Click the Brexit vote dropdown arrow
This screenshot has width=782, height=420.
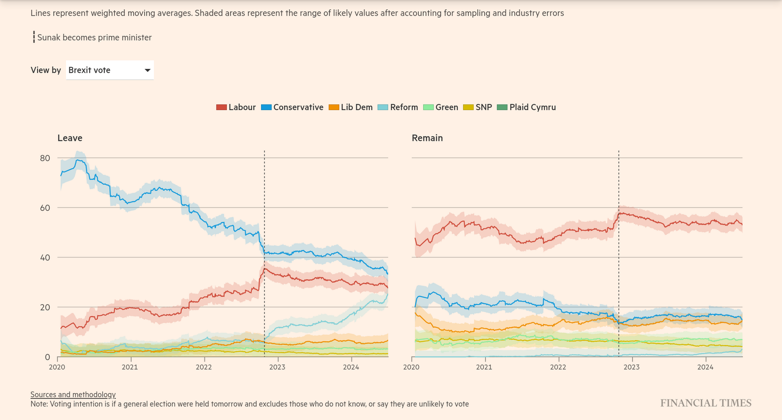pos(147,70)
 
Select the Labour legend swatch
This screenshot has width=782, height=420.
pos(221,107)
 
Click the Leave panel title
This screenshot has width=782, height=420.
pos(70,138)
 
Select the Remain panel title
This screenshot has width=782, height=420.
pos(427,138)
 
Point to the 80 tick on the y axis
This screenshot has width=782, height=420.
pos(45,158)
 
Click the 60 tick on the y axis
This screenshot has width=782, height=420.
pos(45,208)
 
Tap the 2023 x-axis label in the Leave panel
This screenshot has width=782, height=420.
pos(277,367)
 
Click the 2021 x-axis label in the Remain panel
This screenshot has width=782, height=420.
pos(484,367)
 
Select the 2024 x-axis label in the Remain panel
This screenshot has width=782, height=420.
pos(705,367)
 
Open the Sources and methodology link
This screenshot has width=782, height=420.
pos(73,395)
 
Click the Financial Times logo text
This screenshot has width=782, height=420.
pos(706,403)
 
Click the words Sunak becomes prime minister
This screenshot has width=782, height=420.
pos(94,38)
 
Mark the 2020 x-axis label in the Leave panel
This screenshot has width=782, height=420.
pos(57,367)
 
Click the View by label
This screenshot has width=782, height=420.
pos(45,70)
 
